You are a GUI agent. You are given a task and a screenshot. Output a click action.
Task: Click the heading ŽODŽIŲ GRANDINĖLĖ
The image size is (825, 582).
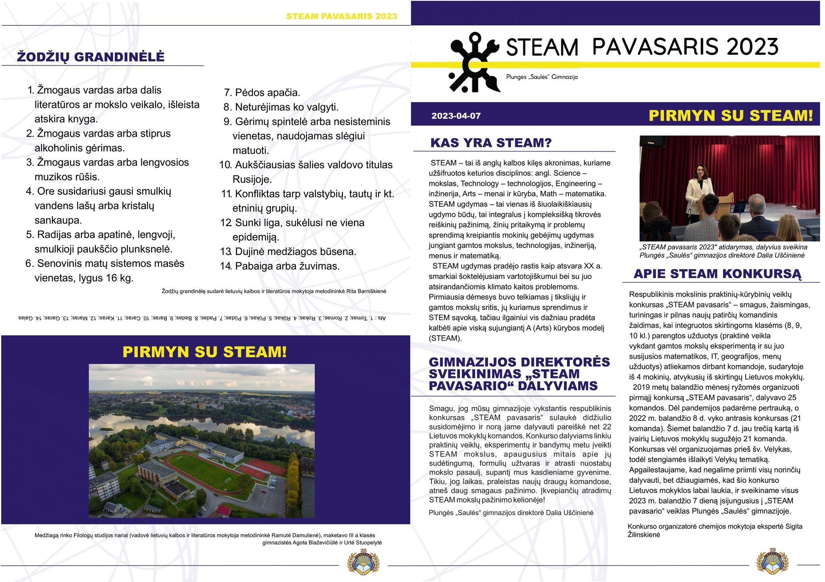pyautogui.click(x=91, y=57)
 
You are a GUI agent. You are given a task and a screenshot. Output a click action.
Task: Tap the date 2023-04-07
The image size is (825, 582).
pyautogui.click(x=456, y=116)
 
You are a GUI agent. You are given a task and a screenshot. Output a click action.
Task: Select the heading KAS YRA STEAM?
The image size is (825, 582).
pyautogui.click(x=491, y=143)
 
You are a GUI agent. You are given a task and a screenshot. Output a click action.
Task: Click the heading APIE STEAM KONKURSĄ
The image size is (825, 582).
pyautogui.click(x=717, y=274)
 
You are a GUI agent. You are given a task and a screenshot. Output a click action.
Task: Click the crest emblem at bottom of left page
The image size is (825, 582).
pyautogui.click(x=363, y=561)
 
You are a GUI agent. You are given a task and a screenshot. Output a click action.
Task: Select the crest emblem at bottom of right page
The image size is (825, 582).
pyautogui.click(x=772, y=561)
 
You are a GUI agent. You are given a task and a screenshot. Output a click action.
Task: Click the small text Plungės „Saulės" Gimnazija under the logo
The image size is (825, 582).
pyautogui.click(x=542, y=77)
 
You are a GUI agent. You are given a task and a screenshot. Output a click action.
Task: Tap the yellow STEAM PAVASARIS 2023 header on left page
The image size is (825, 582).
pyautogui.click(x=342, y=17)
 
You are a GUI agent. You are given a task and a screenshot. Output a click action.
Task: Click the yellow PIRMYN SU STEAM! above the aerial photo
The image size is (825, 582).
pyautogui.click(x=205, y=352)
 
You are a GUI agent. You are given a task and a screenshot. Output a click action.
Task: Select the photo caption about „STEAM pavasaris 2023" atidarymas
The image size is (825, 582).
pyautogui.click(x=723, y=251)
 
